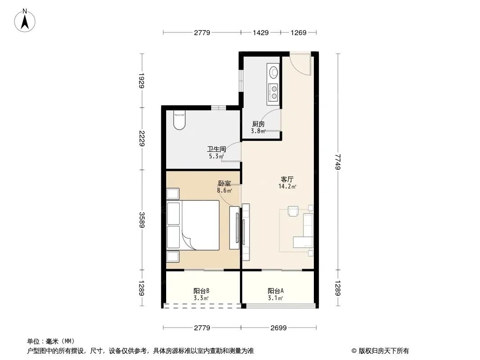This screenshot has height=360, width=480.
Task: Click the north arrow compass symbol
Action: tap(25, 21)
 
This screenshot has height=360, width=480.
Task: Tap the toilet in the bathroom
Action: tap(179, 120)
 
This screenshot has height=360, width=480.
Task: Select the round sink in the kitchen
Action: tap(273, 72)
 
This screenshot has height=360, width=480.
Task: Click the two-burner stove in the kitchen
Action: tap(273, 93)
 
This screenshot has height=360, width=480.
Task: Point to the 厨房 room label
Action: tap(258, 124)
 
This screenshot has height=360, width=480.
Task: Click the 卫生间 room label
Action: tap(217, 149)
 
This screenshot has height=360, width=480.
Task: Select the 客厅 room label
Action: tap(287, 179)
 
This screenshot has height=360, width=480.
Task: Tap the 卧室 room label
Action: tap(224, 184)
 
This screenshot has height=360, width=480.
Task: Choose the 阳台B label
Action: tap(201, 291)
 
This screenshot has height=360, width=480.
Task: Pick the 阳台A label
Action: tap(276, 291)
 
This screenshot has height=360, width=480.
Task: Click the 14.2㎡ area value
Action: tap(287, 187)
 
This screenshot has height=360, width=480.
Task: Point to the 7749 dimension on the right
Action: tap(338, 162)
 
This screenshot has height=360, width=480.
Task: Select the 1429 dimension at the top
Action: tap(261, 32)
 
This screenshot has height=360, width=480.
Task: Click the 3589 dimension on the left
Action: tap(141, 220)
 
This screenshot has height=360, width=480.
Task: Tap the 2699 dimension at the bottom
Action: tap(279, 328)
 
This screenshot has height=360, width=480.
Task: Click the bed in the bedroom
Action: tap(193, 225)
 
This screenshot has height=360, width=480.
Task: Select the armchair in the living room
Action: tap(293, 211)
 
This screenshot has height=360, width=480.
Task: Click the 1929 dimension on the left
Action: tap(141, 81)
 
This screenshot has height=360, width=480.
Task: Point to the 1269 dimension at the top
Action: tap(299, 32)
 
